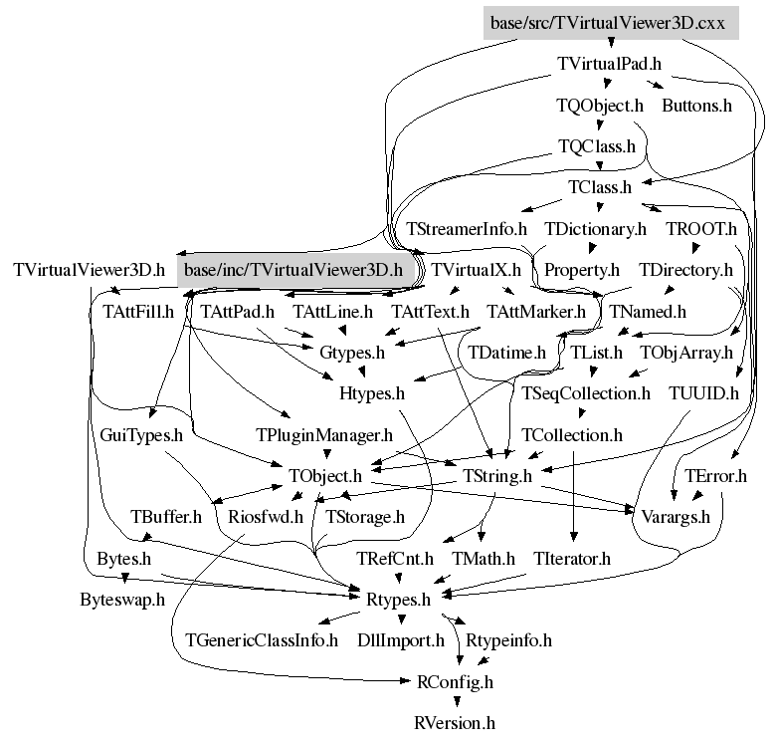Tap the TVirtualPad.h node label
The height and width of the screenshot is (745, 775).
pyautogui.click(x=609, y=63)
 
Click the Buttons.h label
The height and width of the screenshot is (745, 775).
pyautogui.click(x=696, y=105)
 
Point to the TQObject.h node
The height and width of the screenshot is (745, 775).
pyautogui.click(x=599, y=105)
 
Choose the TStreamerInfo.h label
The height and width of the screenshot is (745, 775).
pyautogui.click(x=467, y=228)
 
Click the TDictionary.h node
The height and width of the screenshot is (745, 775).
pyautogui.click(x=595, y=228)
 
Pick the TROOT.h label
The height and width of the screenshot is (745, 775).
pyautogui.click(x=700, y=228)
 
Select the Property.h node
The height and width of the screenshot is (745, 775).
pyautogui.click(x=581, y=270)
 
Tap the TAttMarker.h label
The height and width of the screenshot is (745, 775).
pyautogui.click(x=535, y=312)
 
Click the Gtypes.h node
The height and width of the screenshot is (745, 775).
pyautogui.click(x=351, y=352)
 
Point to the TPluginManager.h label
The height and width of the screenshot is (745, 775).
pyautogui.click(x=324, y=435)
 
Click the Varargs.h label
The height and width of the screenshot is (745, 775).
pyautogui.click(x=676, y=516)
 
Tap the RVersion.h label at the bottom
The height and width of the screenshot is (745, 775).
pyautogui.click(x=454, y=723)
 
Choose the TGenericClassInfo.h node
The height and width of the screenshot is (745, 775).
pyautogui.click(x=262, y=639)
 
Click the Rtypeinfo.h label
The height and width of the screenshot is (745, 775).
pyautogui.click(x=508, y=639)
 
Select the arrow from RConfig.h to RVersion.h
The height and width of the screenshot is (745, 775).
pyautogui.click(x=454, y=702)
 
